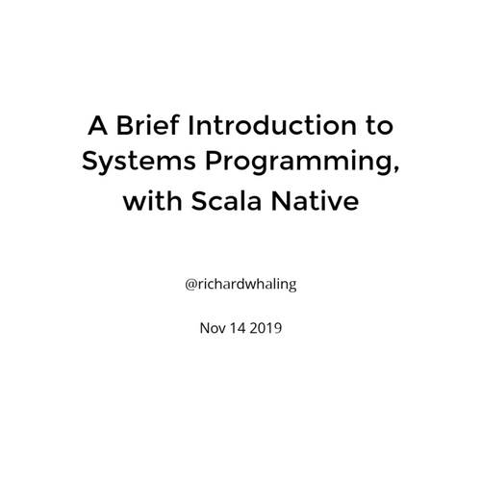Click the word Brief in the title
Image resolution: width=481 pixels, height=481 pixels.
click(147, 125)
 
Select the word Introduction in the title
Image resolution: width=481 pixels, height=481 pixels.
click(272, 125)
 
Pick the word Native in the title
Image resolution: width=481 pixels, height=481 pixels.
click(315, 201)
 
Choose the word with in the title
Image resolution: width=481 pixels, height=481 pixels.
click(152, 200)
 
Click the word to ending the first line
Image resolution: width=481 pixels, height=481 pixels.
click(379, 126)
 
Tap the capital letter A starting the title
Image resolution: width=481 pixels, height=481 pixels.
click(97, 125)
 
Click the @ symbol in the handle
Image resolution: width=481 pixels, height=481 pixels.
click(190, 284)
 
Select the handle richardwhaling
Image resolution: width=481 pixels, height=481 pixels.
click(246, 285)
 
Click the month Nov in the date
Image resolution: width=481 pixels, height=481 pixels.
click(213, 328)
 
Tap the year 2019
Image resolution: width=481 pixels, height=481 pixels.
click(266, 328)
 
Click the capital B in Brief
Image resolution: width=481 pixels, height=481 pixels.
click(125, 125)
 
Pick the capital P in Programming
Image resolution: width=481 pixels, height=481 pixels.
click(215, 161)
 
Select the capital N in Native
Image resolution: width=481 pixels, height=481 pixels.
click(281, 200)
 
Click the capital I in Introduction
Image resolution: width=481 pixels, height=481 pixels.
click(190, 125)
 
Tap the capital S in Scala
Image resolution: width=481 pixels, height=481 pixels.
click(200, 201)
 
